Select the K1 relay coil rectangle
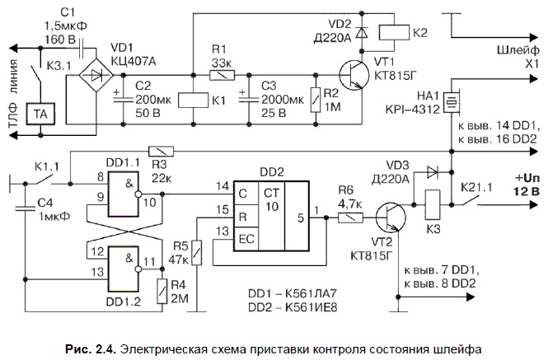(x=191, y=98)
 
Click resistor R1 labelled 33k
(x=220, y=75)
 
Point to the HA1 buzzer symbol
(x=451, y=103)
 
